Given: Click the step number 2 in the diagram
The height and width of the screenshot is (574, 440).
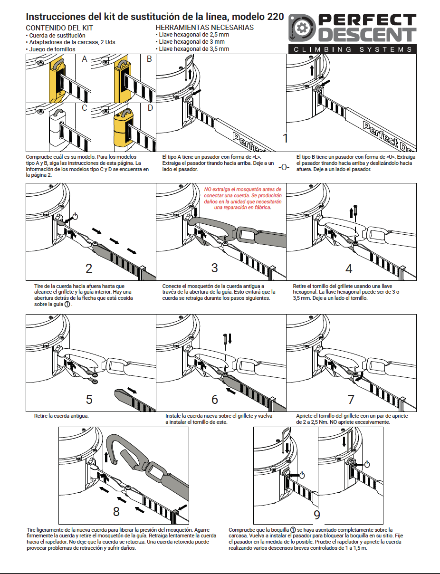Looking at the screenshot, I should coord(89,268).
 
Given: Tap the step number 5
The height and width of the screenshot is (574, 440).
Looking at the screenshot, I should coord(89,399).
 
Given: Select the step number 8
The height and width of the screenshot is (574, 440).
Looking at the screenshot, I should coord(116,511).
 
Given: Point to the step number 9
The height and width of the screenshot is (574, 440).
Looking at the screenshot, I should coord(317,515).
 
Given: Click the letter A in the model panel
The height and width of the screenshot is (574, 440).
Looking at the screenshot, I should coord(85,59).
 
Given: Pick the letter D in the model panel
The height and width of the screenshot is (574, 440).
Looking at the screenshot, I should coord(150,108).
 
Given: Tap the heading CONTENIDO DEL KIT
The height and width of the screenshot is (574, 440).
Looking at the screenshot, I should coord(59,28).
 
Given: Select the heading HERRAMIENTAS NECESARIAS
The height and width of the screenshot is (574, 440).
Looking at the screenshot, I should coord(205,28).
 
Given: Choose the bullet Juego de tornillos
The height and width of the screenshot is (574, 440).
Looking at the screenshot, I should coord(52,49).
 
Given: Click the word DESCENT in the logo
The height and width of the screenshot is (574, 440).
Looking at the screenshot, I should coord(366,35).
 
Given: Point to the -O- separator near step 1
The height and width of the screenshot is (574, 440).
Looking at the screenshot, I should coord(284,167).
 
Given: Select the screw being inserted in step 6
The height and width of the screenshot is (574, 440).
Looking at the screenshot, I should coord(225,339).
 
